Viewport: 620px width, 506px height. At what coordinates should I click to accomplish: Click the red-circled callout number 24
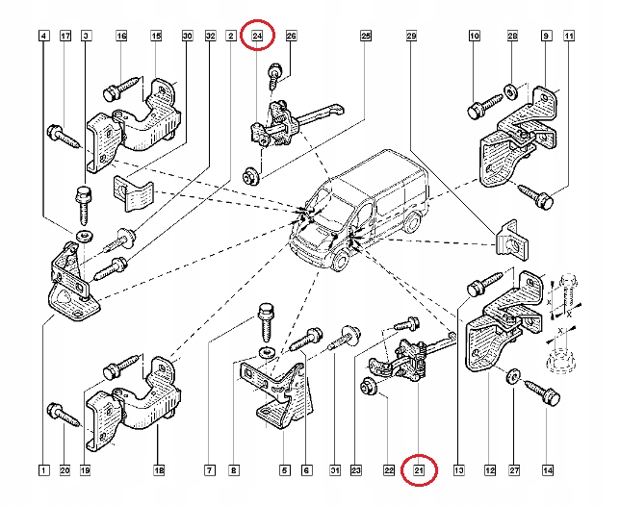point(257,37)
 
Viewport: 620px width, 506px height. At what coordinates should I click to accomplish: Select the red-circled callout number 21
point(419,470)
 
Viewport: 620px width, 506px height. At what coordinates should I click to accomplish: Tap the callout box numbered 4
point(43,37)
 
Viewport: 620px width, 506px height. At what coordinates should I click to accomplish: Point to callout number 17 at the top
point(65,37)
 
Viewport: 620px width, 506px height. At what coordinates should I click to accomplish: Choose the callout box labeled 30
point(187,37)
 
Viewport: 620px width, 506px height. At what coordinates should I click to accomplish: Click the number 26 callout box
point(292,37)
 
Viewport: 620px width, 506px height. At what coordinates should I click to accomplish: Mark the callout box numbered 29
point(411,37)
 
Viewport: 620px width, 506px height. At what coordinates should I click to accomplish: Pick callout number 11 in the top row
point(570,37)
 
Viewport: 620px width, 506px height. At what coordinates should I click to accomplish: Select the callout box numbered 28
point(513,37)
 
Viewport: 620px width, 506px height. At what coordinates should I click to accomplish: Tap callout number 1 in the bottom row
point(43,470)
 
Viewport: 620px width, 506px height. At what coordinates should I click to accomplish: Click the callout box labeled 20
point(65,470)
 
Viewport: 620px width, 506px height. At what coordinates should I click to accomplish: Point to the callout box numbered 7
point(209,470)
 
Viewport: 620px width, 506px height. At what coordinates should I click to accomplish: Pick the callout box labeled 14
point(548,470)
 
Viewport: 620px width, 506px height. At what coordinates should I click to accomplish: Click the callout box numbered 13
point(459,470)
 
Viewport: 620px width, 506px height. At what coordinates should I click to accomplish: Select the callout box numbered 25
point(366,37)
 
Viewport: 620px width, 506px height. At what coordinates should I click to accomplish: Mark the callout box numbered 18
point(158,470)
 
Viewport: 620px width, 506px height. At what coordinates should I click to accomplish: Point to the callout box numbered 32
point(210,37)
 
